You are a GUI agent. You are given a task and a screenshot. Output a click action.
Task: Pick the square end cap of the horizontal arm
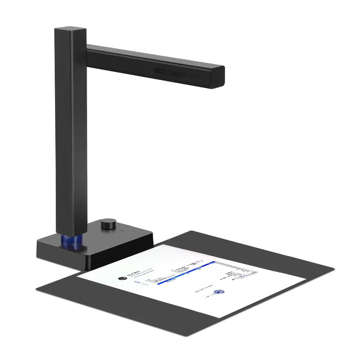(x=217, y=77)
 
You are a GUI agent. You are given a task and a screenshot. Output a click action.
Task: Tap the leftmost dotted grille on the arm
(x=161, y=71)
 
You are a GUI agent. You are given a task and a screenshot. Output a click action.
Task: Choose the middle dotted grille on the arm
(x=178, y=74)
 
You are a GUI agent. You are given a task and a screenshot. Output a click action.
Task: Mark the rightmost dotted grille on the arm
(x=195, y=77)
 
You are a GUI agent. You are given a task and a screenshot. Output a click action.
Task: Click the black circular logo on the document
(x=122, y=278)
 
